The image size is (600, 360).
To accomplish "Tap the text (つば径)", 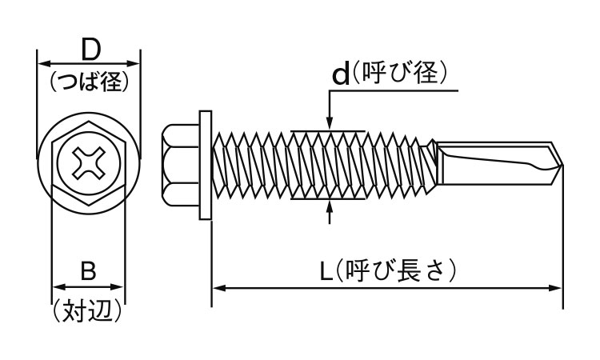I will pos(90,81).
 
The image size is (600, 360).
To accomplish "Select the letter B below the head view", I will pos(89,271).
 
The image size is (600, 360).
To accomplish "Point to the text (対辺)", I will pos(89,308).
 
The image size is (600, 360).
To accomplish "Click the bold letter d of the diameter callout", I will pos(341,74).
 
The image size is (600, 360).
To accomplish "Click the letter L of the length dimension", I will pos(326,271).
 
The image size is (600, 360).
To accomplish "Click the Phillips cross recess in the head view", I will pos(89,163).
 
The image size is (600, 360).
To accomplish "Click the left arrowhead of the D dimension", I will pos(43,62).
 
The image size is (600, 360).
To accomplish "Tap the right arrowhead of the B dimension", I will pos(121,286).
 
